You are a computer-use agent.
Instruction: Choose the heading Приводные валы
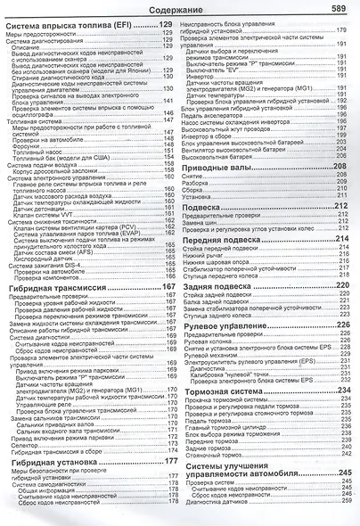pos(222,167)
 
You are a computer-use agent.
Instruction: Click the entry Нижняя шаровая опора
pos(228,272)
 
